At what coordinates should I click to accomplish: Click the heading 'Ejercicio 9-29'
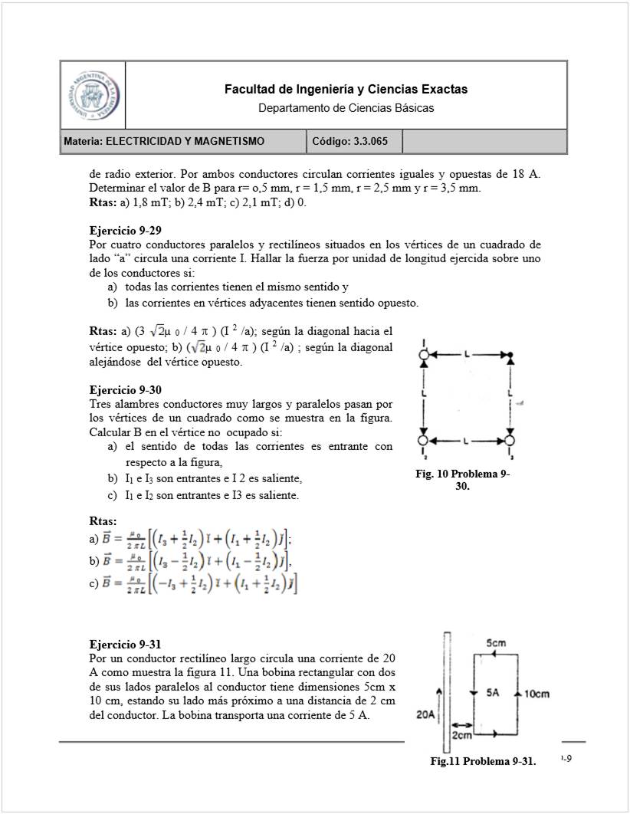[125, 230]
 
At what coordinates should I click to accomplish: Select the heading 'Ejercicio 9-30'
[125, 389]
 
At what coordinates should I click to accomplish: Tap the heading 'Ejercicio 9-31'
[125, 644]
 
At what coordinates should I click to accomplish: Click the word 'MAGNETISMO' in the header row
[230, 141]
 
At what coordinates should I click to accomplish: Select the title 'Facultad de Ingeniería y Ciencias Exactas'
[346, 90]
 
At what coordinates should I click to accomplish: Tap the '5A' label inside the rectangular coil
[493, 693]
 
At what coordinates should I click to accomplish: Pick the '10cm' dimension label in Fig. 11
[540, 694]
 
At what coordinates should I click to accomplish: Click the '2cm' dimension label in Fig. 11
[461, 736]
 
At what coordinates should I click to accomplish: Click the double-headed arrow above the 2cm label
[461, 724]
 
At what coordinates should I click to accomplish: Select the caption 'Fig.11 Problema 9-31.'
[483, 761]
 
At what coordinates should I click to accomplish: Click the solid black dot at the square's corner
[510, 354]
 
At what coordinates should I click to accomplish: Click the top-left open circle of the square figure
[423, 354]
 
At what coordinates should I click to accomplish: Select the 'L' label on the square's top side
[466, 354]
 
